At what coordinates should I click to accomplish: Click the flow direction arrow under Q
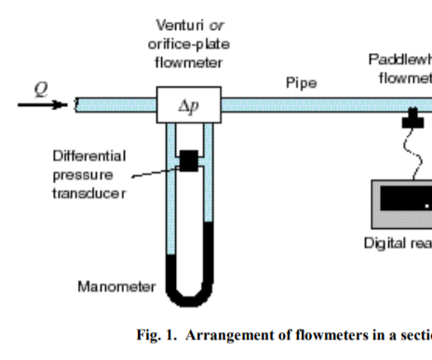point(42,104)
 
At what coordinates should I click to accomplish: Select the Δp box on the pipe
point(188,105)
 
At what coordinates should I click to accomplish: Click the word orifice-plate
point(187,44)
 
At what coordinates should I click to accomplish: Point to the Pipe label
point(300,83)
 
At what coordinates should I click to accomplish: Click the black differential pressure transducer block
point(189,161)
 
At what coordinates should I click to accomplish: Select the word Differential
point(88,154)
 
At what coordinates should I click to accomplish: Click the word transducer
point(88,193)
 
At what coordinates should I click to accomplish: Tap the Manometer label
point(115,287)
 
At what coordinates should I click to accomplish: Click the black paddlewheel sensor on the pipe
point(412,119)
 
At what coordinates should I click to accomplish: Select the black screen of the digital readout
point(406,198)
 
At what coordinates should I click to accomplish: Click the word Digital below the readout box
point(384,244)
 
